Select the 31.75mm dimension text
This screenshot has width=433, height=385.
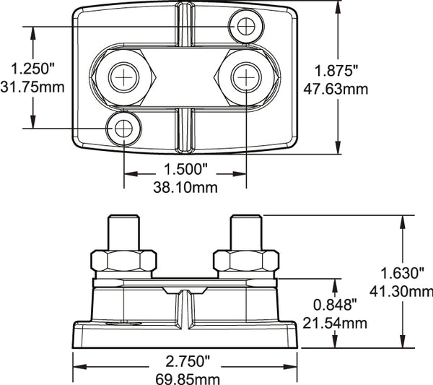click(33, 87)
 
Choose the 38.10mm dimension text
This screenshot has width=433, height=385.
click(185, 186)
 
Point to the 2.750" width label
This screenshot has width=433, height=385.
click(185, 360)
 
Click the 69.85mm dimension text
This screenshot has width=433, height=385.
click(185, 378)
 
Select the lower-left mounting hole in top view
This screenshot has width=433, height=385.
click(124, 129)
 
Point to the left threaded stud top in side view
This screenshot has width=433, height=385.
click(123, 220)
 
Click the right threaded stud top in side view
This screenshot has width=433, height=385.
click(246, 220)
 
